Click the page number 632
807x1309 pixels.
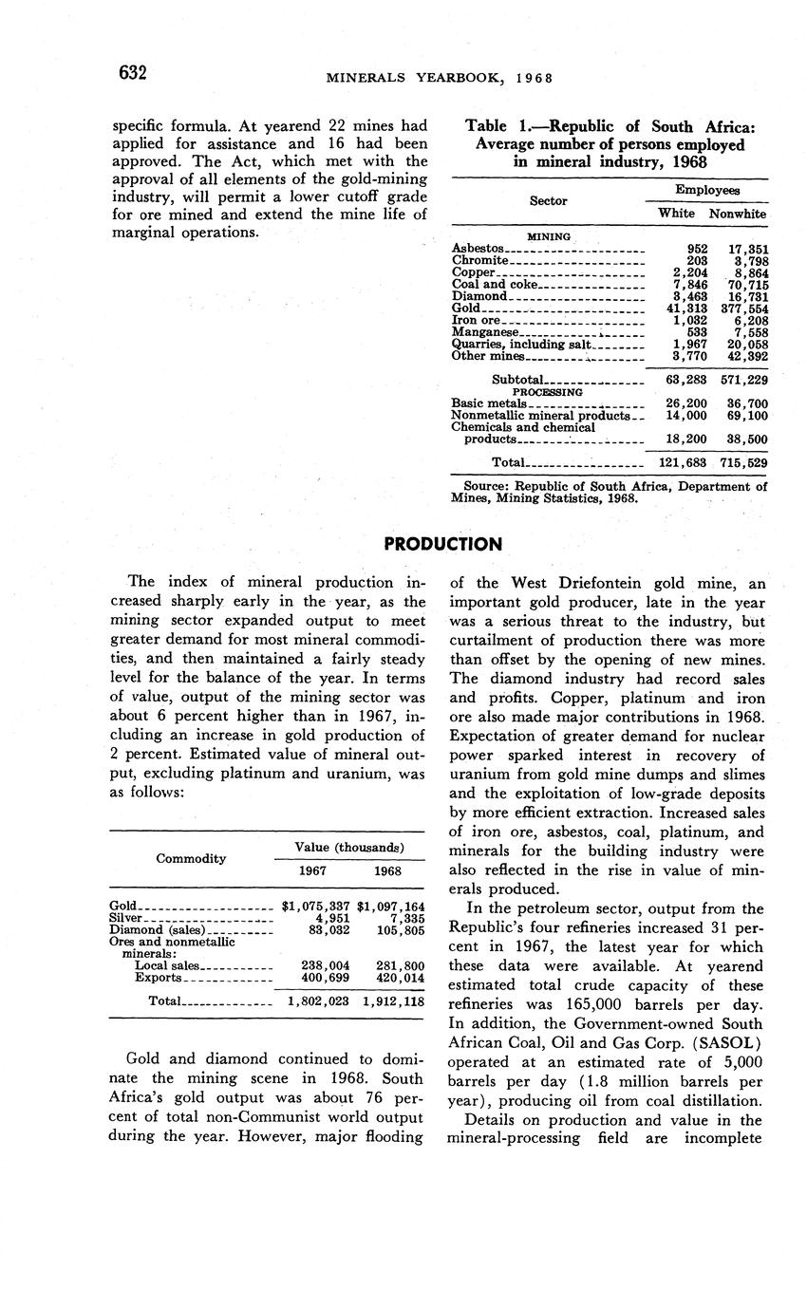coord(132,73)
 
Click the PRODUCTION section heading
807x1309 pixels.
coord(442,544)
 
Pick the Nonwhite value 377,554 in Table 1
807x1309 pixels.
coord(744,309)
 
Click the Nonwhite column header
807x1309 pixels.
coord(738,215)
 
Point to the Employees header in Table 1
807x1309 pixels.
coord(707,191)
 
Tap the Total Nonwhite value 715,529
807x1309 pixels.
coord(744,462)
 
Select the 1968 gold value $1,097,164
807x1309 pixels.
coord(391,906)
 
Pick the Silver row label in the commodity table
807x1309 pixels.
coord(126,918)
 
